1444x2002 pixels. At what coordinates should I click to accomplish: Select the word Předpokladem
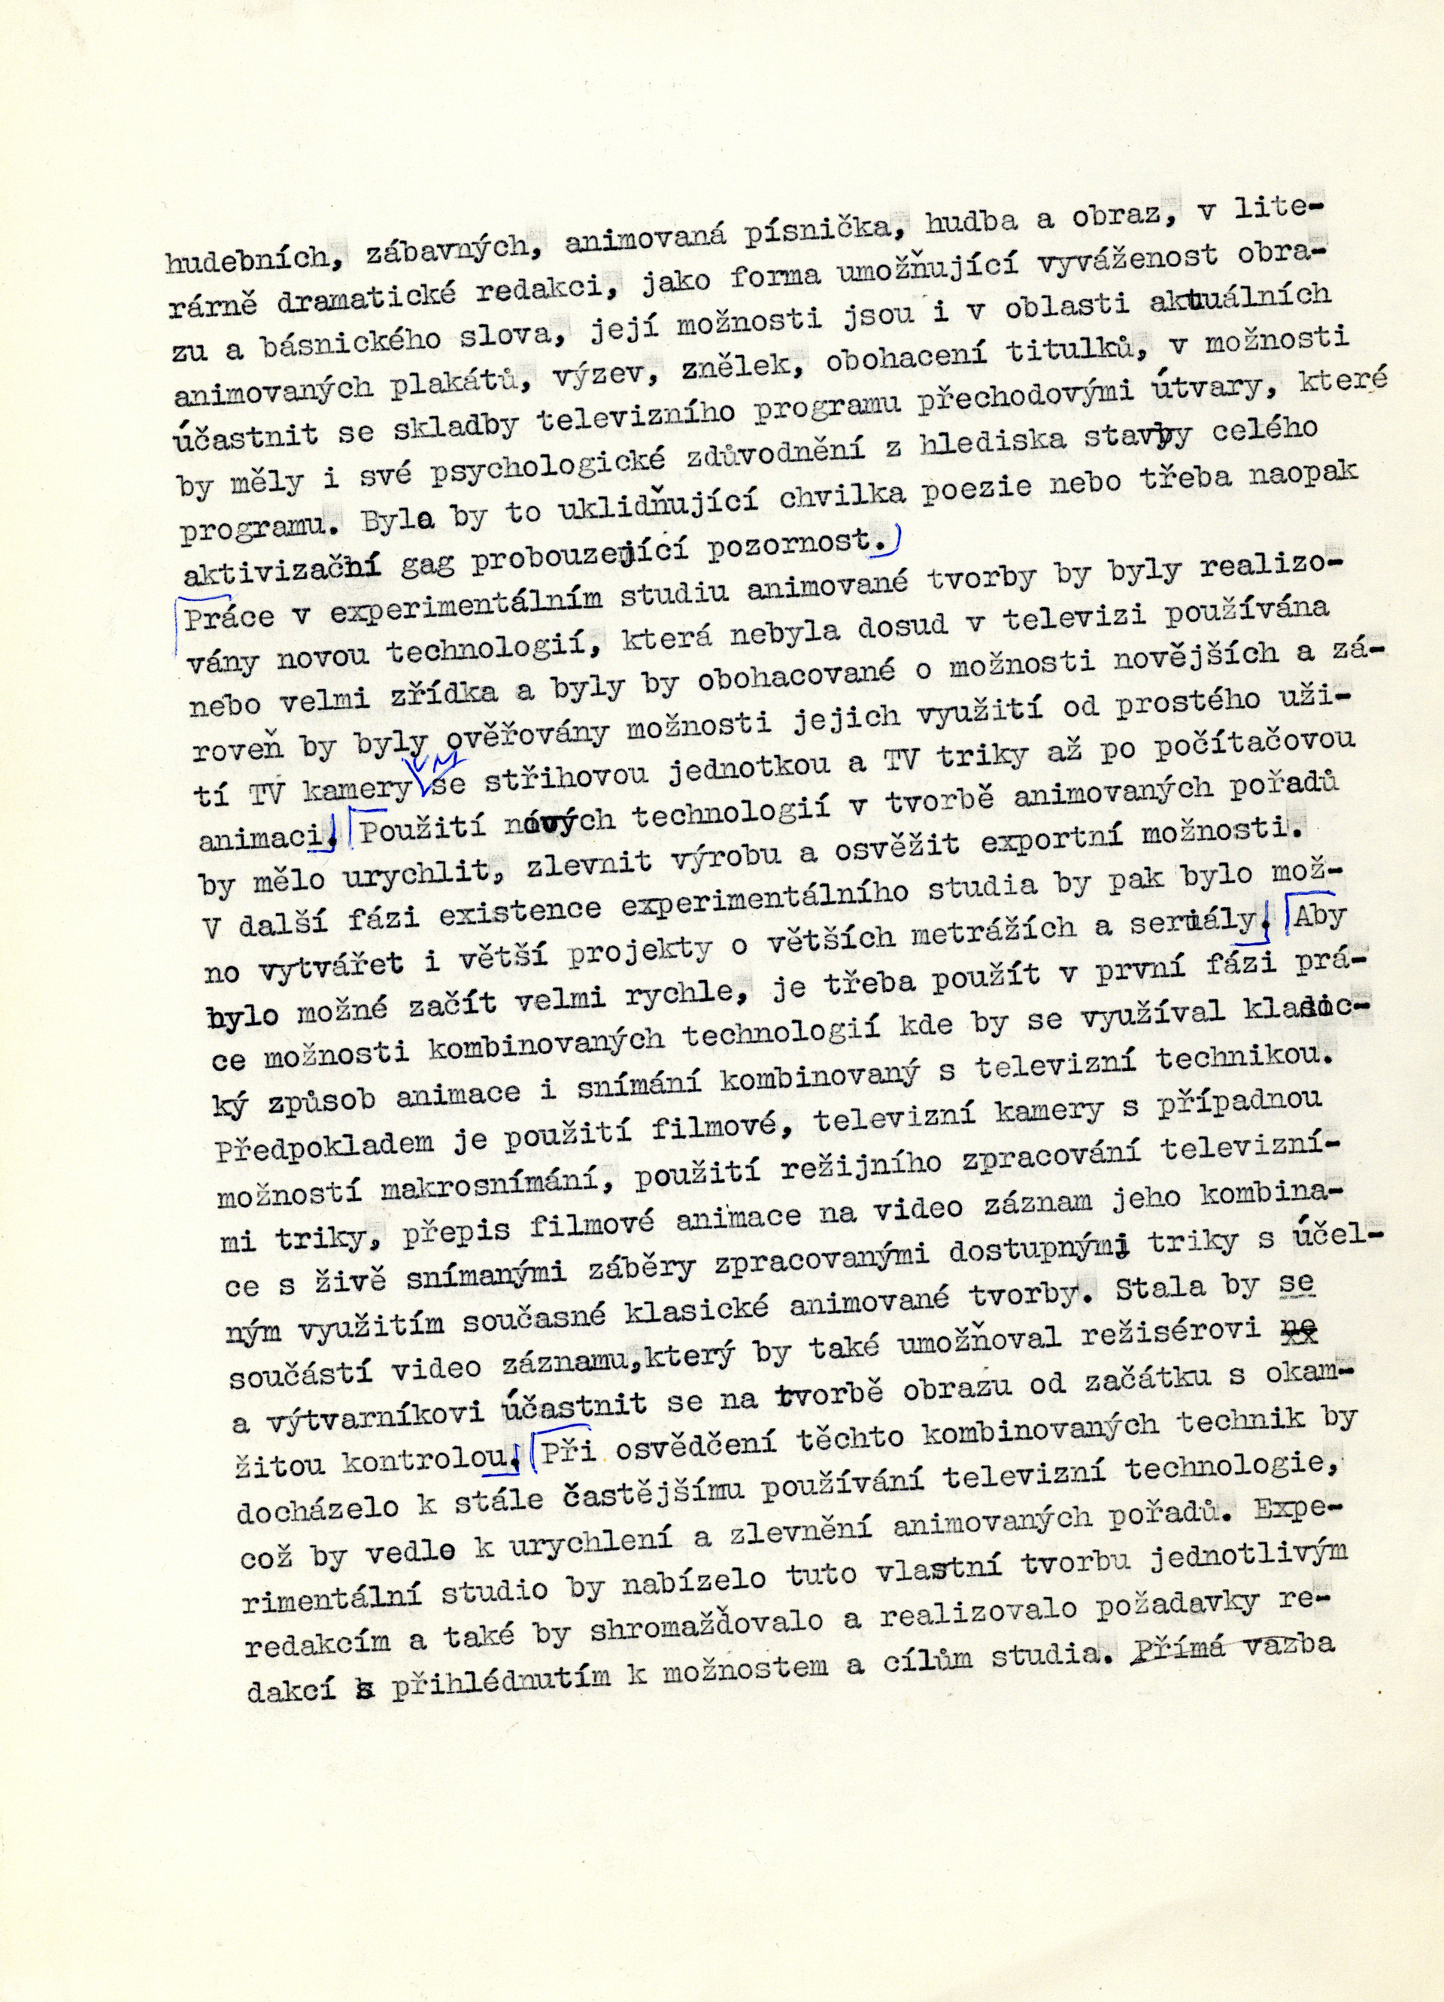(x=326, y=1144)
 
